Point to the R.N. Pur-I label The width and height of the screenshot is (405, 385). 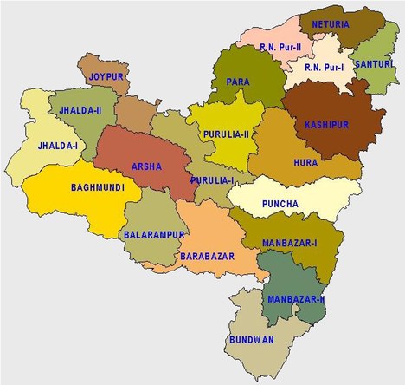coord(323,66)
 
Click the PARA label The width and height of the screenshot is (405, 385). coord(238,82)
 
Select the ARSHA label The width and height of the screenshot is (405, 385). coord(145,165)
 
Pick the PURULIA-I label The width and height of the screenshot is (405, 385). coord(214,179)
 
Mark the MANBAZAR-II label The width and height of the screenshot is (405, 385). coord(296,299)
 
